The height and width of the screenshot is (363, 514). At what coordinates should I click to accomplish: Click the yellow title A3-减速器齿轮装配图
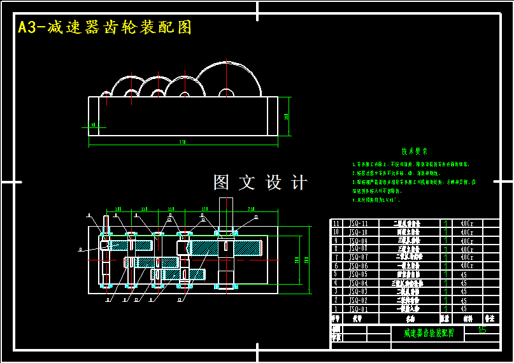pyautogui.click(x=105, y=27)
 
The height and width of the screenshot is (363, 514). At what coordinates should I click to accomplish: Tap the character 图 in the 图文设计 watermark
pyautogui.click(x=222, y=183)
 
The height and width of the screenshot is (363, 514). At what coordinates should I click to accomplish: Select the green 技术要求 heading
pyautogui.click(x=414, y=152)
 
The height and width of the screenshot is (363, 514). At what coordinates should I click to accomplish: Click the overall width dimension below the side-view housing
pyautogui.click(x=183, y=142)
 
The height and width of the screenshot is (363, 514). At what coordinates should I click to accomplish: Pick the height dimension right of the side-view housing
pyautogui.click(x=287, y=116)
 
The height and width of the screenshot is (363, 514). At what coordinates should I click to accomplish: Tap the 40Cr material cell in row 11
pyautogui.click(x=466, y=224)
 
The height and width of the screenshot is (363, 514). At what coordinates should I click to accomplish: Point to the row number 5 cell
pyautogui.click(x=336, y=274)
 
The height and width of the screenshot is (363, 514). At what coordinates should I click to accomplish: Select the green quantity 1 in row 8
pyautogui.click(x=445, y=249)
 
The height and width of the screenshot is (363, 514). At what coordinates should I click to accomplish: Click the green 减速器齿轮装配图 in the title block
pyautogui.click(x=429, y=333)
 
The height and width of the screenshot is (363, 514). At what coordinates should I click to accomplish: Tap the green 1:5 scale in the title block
pyautogui.click(x=482, y=330)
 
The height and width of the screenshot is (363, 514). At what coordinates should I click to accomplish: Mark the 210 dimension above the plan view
pyautogui.click(x=251, y=209)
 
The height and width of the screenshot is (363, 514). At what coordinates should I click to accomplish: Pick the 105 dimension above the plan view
pyautogui.click(x=118, y=209)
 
